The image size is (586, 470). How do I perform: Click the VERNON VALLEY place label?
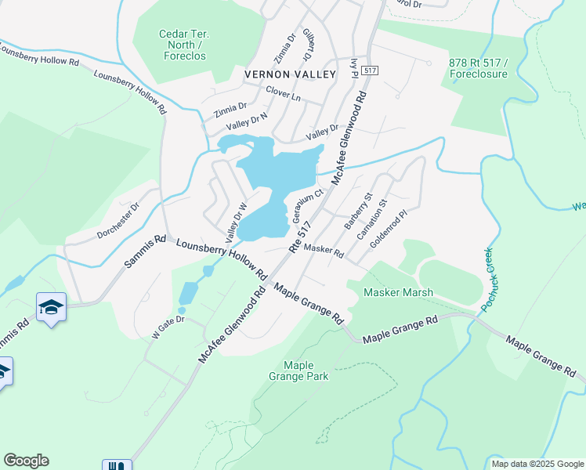pos(290,74)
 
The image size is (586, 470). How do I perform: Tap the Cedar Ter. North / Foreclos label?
pos(183,45)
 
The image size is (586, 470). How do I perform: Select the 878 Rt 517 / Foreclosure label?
pos(479,68)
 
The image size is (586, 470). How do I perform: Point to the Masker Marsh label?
pos(399,293)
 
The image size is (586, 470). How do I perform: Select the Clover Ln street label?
pos(283,92)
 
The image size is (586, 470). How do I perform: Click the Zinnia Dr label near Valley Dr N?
pos(225,107)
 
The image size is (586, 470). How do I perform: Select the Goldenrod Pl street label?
pos(389,228)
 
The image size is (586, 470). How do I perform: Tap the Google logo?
pos(26,461)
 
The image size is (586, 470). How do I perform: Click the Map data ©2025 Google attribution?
pos(537,464)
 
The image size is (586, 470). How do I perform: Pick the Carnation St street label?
pos(371,219)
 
